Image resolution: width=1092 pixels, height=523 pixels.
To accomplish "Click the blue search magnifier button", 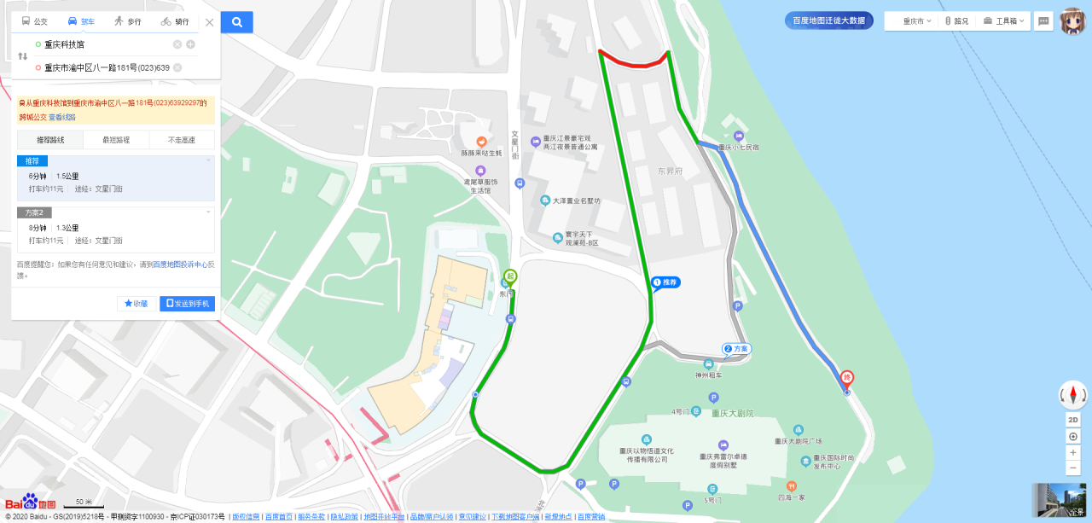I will tap(237, 22).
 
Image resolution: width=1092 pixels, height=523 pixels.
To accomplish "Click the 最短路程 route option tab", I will tap(116, 140).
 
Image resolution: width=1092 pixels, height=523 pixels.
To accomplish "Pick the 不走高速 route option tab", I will tap(181, 140).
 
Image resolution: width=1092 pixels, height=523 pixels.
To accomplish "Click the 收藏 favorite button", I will tap(136, 303).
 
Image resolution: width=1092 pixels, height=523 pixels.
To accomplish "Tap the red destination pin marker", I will tap(847, 378).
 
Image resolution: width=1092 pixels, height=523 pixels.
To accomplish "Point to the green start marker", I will tap(509, 276).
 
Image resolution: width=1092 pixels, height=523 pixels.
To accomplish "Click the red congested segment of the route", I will tap(634, 62).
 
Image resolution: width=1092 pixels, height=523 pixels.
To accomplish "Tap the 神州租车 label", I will tap(708, 375).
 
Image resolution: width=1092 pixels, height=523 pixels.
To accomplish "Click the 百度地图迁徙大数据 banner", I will tap(828, 20).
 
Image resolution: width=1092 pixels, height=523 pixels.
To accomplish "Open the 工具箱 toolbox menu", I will tap(1006, 20).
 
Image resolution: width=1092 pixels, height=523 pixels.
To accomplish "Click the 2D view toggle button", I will tap(1073, 420).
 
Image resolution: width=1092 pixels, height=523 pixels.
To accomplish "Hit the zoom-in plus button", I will tap(1073, 452).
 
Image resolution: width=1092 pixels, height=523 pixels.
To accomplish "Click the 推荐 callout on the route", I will tap(667, 282).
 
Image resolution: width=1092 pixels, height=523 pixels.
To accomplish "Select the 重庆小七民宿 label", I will tap(739, 148).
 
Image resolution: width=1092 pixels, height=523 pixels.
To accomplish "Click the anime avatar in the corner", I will tap(1072, 20).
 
